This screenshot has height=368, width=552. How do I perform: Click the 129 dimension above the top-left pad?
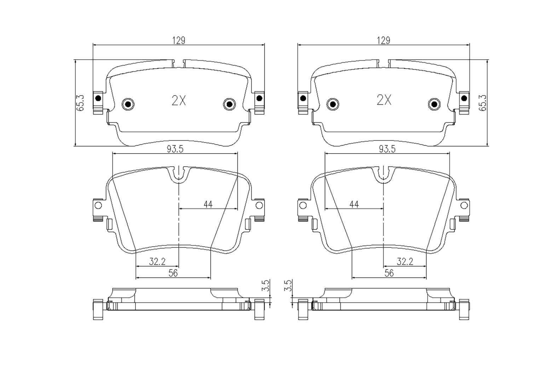click(179, 40)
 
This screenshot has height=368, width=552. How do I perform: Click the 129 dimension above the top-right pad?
click(384, 40)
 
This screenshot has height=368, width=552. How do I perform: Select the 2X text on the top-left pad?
click(179, 100)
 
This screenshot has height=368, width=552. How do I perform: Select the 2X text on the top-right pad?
click(384, 100)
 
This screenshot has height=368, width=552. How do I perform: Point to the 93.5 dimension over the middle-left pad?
click(175, 149)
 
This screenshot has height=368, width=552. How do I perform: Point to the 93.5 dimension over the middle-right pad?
click(387, 149)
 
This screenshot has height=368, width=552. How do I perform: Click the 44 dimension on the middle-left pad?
click(208, 204)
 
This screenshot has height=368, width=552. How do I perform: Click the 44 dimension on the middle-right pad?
click(354, 204)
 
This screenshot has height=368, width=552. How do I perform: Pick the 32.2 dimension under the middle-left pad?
click(157, 261)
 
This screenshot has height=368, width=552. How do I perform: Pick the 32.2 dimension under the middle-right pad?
click(405, 261)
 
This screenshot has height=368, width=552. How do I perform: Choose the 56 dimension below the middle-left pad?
click(173, 273)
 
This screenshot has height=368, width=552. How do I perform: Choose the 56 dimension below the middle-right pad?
click(389, 273)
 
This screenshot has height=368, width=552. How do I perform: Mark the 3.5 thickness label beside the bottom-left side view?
click(266, 286)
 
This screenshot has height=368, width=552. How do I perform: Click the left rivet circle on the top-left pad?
click(128, 104)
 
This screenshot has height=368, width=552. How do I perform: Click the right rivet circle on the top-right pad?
click(434, 104)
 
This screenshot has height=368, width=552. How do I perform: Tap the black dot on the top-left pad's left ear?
click(98, 98)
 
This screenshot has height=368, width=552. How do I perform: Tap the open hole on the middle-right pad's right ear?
click(464, 205)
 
